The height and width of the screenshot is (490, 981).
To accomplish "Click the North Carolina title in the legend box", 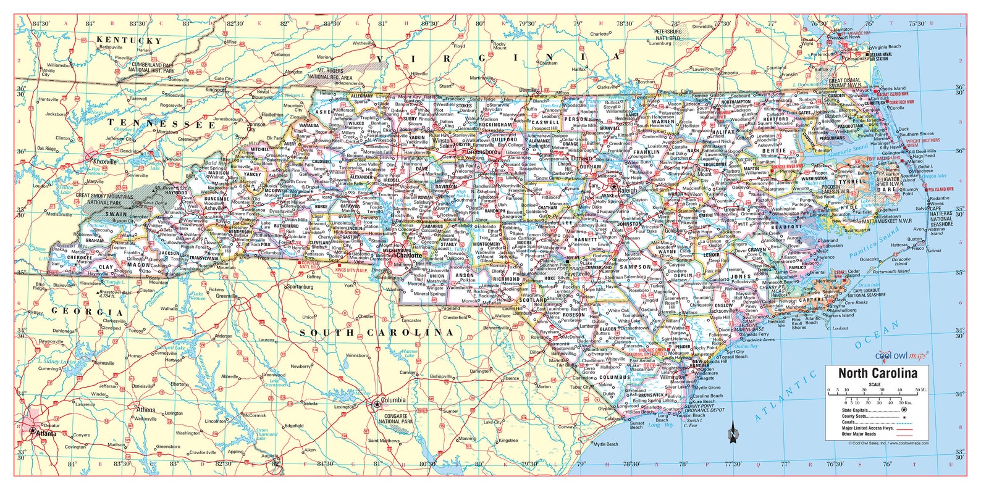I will click(877, 373).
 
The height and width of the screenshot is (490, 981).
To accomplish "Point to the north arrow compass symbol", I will click(733, 433).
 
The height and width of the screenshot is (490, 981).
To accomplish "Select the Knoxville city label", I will click(104, 162).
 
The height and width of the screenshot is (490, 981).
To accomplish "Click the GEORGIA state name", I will click(87, 312).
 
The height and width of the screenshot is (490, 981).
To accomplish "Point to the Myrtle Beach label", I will click(605, 444).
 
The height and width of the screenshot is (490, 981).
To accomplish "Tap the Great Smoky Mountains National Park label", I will click(104, 199).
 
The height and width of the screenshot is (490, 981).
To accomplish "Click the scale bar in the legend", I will click(877, 396).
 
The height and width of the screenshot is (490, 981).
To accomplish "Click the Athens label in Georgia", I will click(146, 409).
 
